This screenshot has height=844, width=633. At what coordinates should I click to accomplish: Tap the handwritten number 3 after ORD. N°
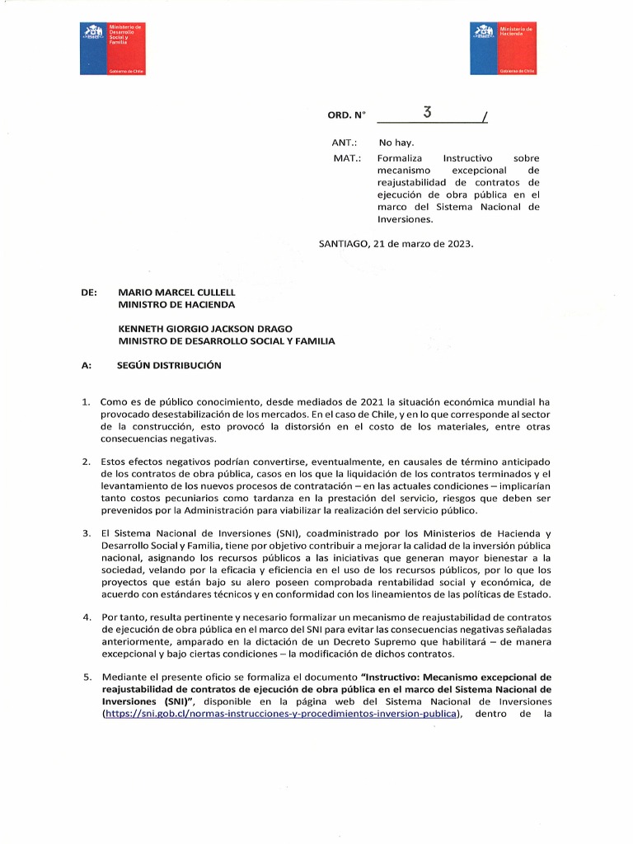click(x=427, y=114)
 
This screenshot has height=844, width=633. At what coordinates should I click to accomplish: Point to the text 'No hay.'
click(x=396, y=143)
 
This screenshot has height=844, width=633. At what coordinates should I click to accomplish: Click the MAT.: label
click(x=344, y=157)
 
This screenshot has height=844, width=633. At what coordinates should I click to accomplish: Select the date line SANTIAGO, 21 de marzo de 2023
click(x=396, y=244)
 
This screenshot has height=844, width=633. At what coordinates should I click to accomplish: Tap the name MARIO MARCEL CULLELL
click(x=176, y=293)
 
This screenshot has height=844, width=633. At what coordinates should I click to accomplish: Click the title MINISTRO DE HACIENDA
click(x=176, y=305)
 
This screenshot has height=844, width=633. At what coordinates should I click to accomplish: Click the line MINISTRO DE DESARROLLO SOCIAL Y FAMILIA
click(x=227, y=341)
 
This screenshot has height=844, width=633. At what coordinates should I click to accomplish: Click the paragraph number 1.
click(x=85, y=401)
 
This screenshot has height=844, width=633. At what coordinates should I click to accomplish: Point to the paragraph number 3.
click(x=85, y=534)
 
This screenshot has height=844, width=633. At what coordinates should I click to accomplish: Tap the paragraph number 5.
click(x=85, y=677)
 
